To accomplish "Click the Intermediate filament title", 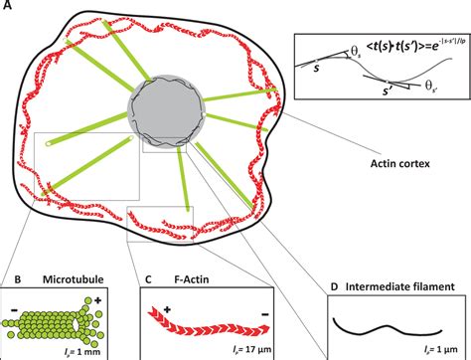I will [x=398, y=287].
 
